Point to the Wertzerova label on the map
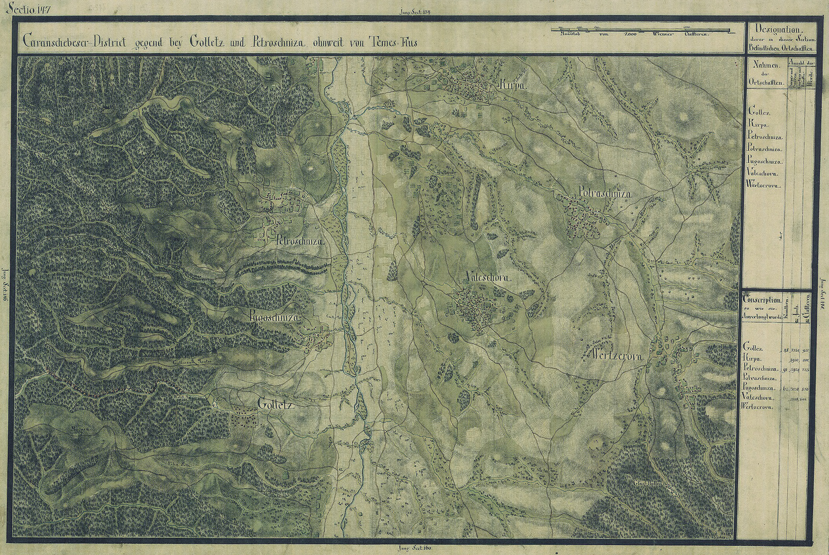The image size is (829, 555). click(x=617, y=356)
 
